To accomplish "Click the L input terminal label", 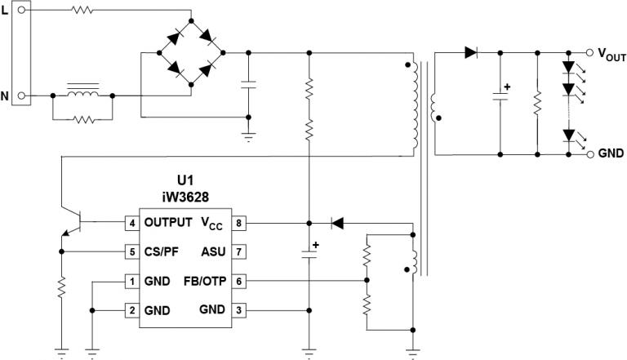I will [x=5, y=11].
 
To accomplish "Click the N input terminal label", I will [x=5, y=96].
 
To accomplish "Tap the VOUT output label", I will [x=611, y=55].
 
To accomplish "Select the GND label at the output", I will [x=611, y=153].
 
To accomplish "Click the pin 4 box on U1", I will [x=131, y=222].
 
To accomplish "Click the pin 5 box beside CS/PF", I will [x=131, y=251].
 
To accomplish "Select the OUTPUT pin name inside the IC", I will [x=167, y=222].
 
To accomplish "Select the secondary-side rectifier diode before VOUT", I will [x=471, y=52].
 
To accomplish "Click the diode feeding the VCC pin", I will [x=336, y=222].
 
